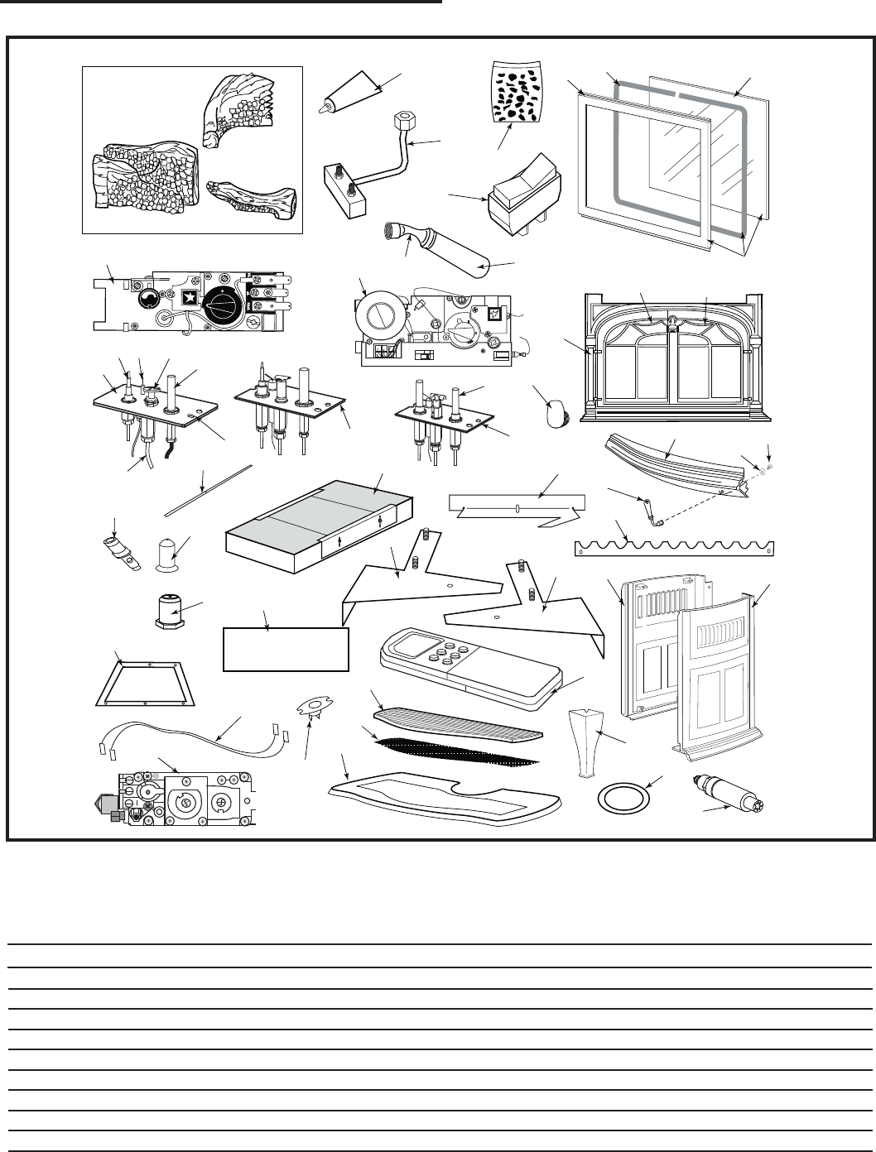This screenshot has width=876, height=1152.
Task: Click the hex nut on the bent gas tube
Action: click(x=397, y=122)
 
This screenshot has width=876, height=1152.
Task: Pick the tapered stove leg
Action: click(x=585, y=740)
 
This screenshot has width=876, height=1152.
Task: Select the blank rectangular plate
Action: click(x=286, y=650)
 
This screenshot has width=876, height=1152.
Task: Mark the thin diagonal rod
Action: click(x=209, y=490)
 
